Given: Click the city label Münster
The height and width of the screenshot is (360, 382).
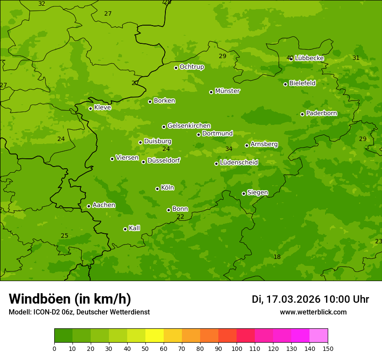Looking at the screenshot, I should [x=227, y=91].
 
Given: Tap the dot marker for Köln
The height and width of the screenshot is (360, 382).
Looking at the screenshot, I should [x=157, y=189].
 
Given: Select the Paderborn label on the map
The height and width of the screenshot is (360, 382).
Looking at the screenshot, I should [x=321, y=113].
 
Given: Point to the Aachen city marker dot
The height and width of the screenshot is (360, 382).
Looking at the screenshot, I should [x=89, y=206].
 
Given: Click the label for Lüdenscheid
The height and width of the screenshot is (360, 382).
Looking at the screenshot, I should [x=239, y=163].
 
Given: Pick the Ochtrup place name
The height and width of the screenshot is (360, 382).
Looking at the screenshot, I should [x=191, y=67].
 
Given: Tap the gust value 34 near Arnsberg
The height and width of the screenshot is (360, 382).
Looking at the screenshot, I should [x=229, y=149].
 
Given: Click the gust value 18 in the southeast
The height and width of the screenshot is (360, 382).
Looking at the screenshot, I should [x=277, y=257].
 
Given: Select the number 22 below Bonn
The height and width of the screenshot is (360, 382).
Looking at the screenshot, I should [x=180, y=217].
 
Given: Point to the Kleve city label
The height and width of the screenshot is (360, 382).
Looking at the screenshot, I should [x=102, y=108].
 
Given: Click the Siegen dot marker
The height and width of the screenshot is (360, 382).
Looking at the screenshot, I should [x=244, y=193].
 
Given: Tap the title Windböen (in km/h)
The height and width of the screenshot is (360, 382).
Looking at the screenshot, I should [x=70, y=299].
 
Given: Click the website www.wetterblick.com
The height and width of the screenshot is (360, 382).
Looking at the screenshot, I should [x=313, y=312].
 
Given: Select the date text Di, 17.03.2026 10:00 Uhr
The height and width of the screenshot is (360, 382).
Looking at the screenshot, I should [x=310, y=299].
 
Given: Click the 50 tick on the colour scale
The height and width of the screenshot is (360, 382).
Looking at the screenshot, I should [x=145, y=348].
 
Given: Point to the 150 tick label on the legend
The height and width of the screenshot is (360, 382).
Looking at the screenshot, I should [x=328, y=348].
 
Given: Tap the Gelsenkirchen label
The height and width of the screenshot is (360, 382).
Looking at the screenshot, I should [x=189, y=126].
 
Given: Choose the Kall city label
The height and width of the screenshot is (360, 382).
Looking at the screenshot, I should [x=134, y=228].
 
